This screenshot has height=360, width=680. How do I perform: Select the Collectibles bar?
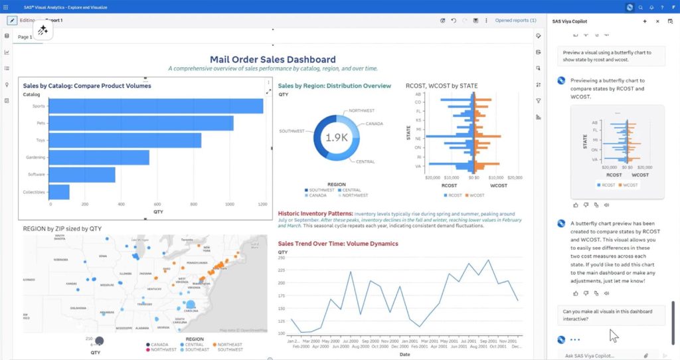60,192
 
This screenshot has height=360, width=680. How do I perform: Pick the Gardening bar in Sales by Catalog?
100,157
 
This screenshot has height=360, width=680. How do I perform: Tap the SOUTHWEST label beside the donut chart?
292,130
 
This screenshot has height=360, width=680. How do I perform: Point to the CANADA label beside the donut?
375,124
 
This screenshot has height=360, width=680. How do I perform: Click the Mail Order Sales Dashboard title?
272,59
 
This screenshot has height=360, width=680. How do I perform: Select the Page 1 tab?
25,37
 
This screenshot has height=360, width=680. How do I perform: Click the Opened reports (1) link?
515,21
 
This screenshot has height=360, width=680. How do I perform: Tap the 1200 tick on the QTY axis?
263,204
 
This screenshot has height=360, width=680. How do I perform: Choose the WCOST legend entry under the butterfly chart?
477,195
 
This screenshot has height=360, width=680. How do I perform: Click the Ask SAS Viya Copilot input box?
598,355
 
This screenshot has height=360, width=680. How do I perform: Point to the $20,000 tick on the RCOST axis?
433,178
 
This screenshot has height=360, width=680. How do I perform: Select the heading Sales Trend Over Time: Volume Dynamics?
338,244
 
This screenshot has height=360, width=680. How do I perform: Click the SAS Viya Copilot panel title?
574,21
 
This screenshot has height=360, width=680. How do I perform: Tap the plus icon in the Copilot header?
645,21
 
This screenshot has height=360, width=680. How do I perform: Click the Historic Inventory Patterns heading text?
315,214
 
